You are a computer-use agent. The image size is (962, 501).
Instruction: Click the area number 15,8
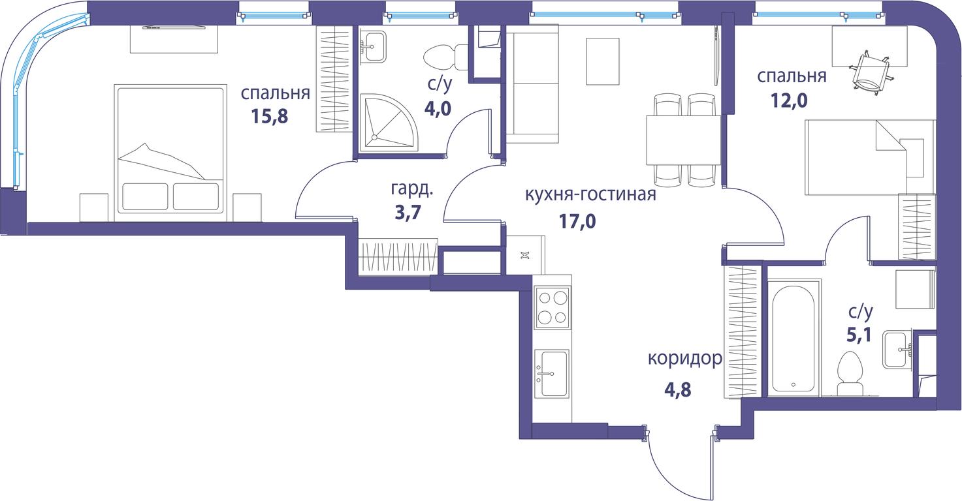[269, 116]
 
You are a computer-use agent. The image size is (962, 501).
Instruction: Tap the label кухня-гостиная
[590, 194]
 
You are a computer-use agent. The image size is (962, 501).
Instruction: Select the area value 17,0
[577, 221]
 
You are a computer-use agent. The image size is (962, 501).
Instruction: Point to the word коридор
[685, 359]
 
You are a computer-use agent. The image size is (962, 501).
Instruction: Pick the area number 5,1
[859, 335]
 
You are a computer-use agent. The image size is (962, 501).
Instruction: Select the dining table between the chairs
[684, 140]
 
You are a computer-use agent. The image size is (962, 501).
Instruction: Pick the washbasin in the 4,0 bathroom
[373, 47]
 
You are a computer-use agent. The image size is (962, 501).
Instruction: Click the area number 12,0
[789, 100]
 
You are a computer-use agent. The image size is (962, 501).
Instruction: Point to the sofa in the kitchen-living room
[532, 83]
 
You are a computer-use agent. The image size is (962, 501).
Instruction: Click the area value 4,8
[677, 390]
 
